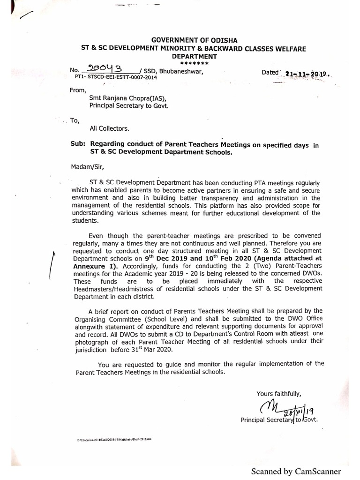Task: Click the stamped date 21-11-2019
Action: (x=307, y=74)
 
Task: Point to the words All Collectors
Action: (x=110, y=128)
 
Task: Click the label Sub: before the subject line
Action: (x=78, y=145)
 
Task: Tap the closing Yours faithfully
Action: (x=278, y=393)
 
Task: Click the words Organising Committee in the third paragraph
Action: (x=102, y=317)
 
